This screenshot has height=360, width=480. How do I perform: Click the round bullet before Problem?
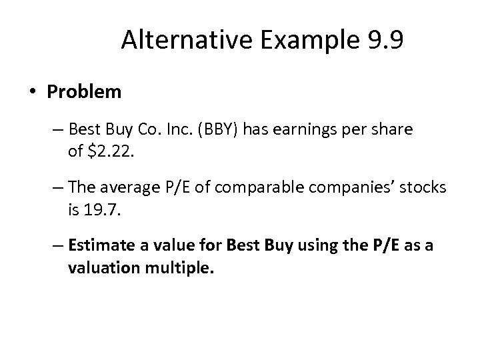[33, 92]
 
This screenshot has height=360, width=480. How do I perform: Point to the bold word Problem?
[85, 92]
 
